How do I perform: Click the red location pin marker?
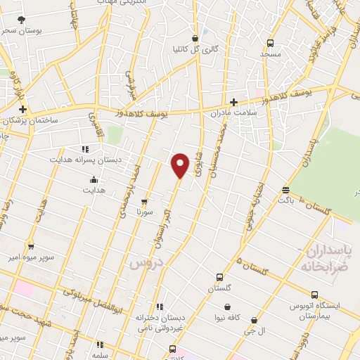click(181, 163)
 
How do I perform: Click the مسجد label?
click(270, 53)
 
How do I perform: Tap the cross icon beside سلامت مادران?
click(233, 102)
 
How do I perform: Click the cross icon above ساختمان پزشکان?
click(23, 110)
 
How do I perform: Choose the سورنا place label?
click(144, 211)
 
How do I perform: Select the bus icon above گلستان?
click(219, 277)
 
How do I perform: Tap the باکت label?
click(285, 200)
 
